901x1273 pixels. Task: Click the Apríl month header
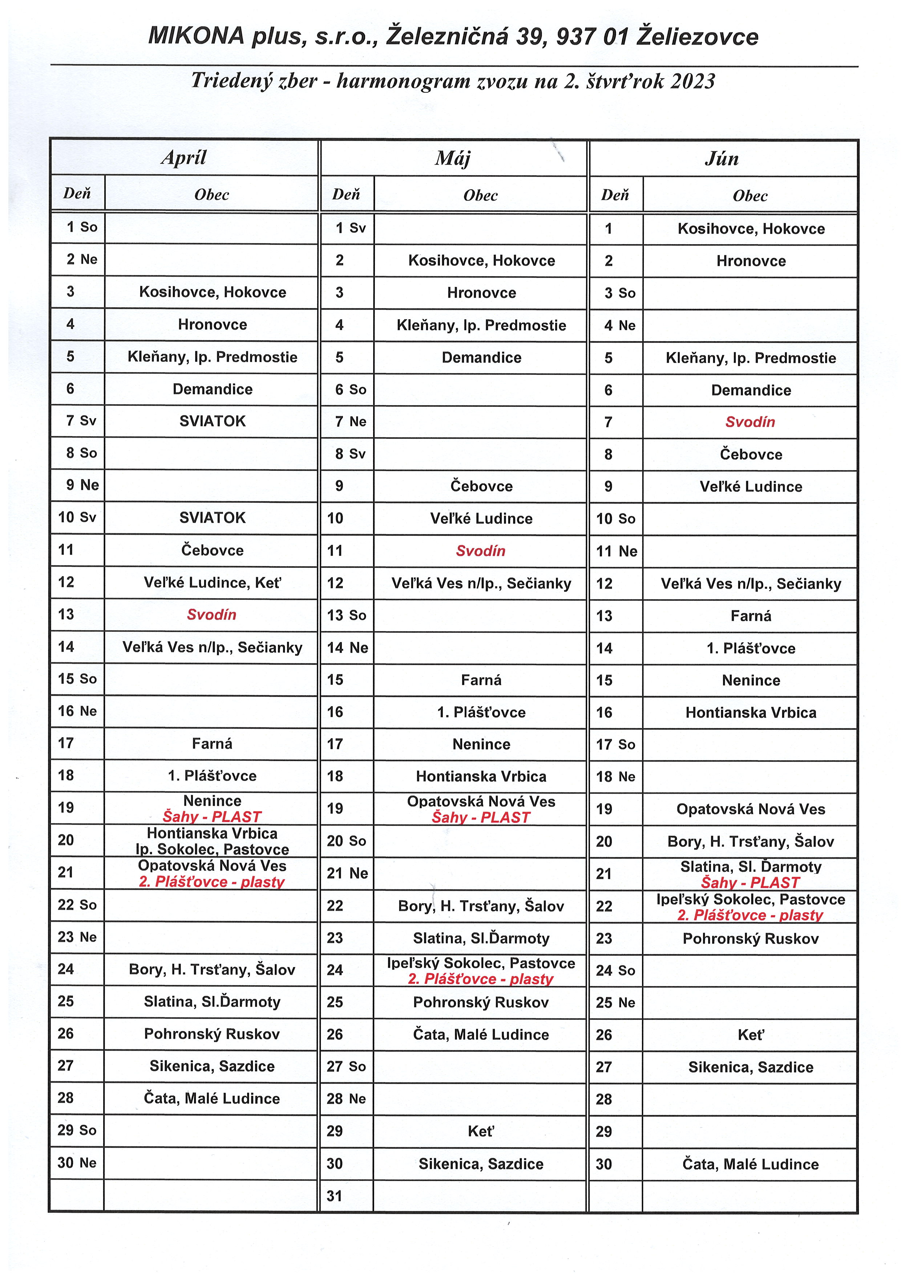tap(183, 158)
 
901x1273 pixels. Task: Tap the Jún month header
tap(722, 159)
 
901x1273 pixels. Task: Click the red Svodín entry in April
tap(211, 615)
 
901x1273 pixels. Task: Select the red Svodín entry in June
tap(750, 422)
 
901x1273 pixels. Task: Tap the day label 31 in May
tap(335, 1196)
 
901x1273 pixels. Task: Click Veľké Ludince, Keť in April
tap(212, 582)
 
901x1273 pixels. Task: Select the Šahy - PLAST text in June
tap(750, 882)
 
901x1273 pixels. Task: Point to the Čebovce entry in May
tap(481, 486)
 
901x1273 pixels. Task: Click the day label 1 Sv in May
tap(350, 228)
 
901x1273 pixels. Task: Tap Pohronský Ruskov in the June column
tap(750, 938)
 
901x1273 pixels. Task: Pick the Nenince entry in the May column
tap(481, 744)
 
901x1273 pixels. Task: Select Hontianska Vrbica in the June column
tap(750, 713)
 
